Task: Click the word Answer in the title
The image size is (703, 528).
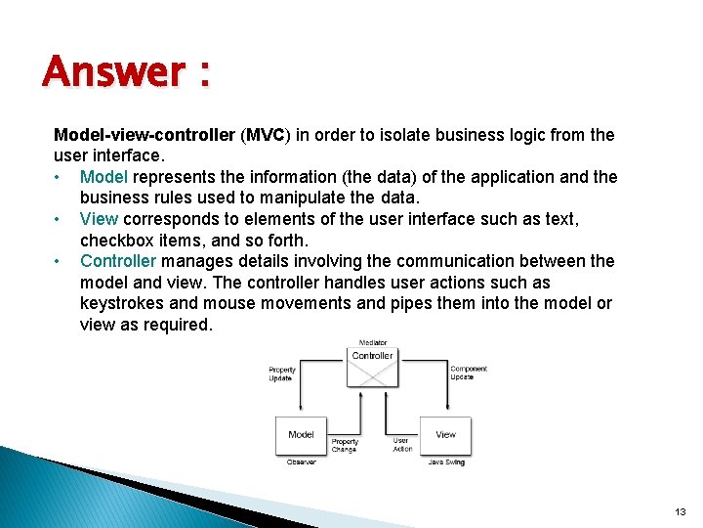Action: pos(113,71)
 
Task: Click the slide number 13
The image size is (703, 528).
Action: pos(680,511)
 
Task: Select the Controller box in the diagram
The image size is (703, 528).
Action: pos(372,357)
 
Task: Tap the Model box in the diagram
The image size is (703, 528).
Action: pos(302,434)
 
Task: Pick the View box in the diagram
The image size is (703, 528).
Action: pos(445,434)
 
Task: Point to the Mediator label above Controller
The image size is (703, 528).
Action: pos(372,343)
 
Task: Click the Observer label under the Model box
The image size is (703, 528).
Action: pos(302,462)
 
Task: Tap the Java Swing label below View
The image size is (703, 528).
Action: pos(445,462)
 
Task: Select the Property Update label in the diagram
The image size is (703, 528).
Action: pos(281,374)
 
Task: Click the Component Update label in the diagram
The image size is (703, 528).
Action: pos(469,373)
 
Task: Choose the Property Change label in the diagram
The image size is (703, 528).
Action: pos(345,445)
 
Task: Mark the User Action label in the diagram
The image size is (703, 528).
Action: pos(402,445)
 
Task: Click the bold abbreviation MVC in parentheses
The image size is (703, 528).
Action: pos(265,134)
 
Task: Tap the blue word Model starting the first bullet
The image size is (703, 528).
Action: pos(104,177)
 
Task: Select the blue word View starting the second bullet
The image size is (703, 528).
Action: pos(99,219)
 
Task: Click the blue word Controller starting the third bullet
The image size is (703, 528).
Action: pos(118,261)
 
